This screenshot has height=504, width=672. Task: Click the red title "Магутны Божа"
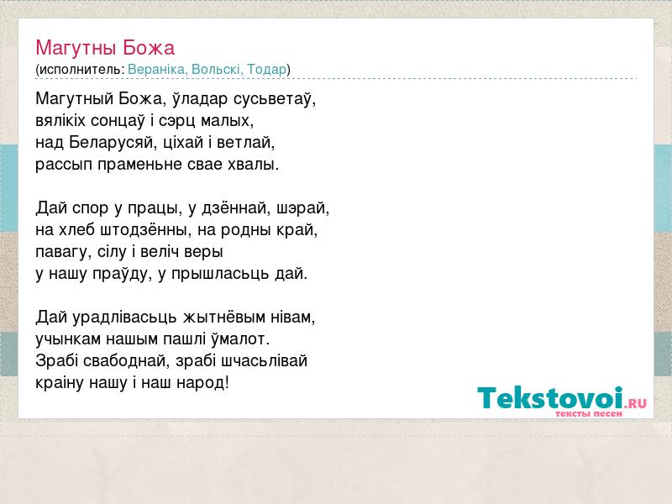[x=105, y=48]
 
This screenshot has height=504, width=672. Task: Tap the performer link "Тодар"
[x=266, y=69]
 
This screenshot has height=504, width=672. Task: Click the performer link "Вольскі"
[x=218, y=69]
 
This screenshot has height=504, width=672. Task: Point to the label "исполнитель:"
[x=81, y=69]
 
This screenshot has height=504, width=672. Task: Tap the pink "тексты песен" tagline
[x=589, y=413]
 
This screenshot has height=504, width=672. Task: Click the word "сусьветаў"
[x=275, y=99]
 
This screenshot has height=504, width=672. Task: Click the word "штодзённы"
[x=146, y=230]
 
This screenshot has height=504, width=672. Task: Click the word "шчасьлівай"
[x=265, y=361]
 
